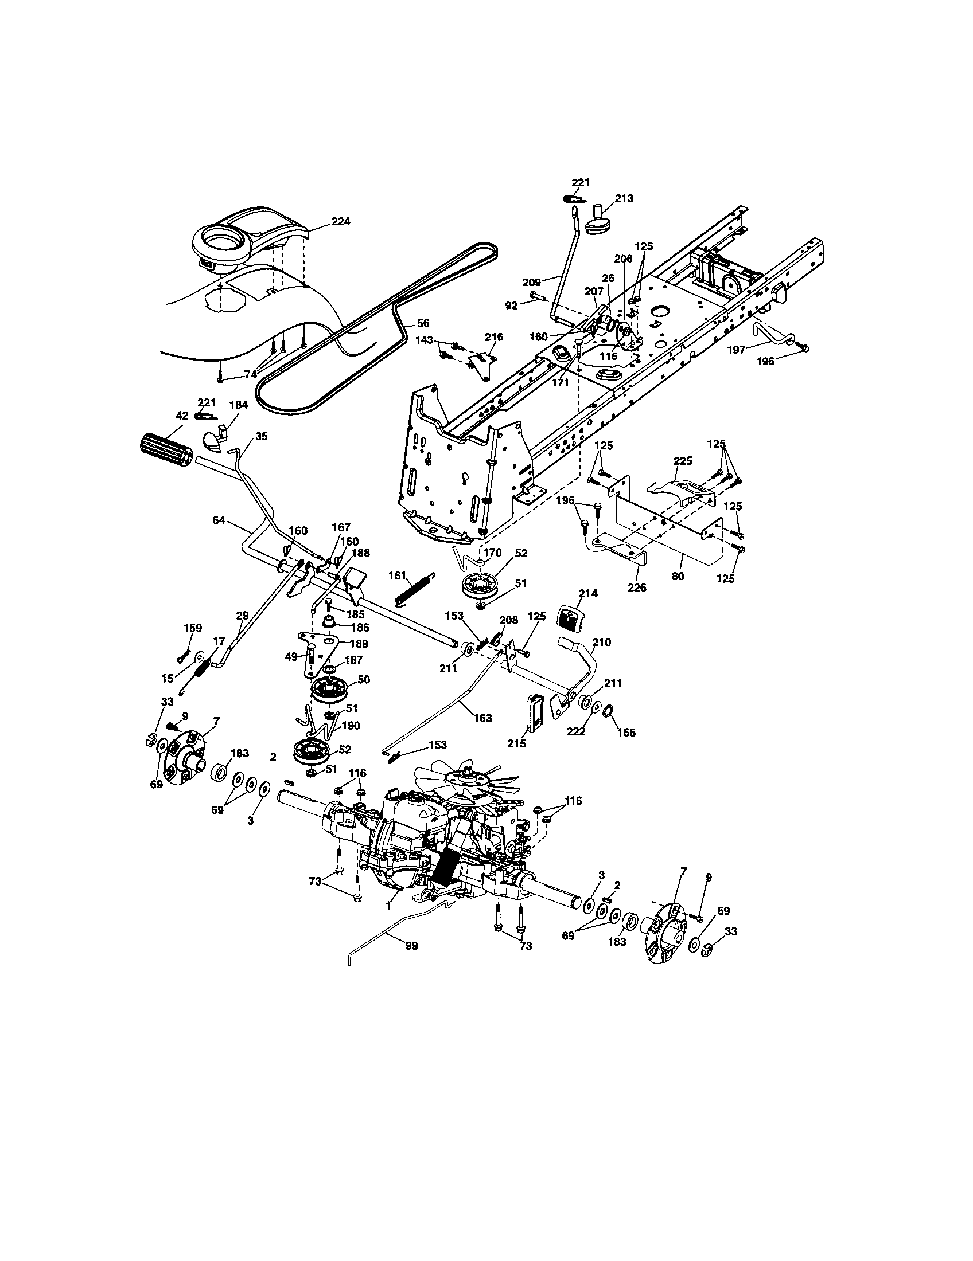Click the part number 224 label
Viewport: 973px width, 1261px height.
point(341,221)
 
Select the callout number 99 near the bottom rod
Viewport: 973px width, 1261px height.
point(412,946)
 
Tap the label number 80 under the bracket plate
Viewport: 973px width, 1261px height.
point(678,575)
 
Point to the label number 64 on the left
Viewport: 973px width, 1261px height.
point(219,520)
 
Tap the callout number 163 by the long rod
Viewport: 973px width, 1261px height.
point(482,718)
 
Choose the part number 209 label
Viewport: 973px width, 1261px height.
point(531,283)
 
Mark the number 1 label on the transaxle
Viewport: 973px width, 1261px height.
point(388,907)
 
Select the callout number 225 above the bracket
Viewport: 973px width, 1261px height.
point(682,461)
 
